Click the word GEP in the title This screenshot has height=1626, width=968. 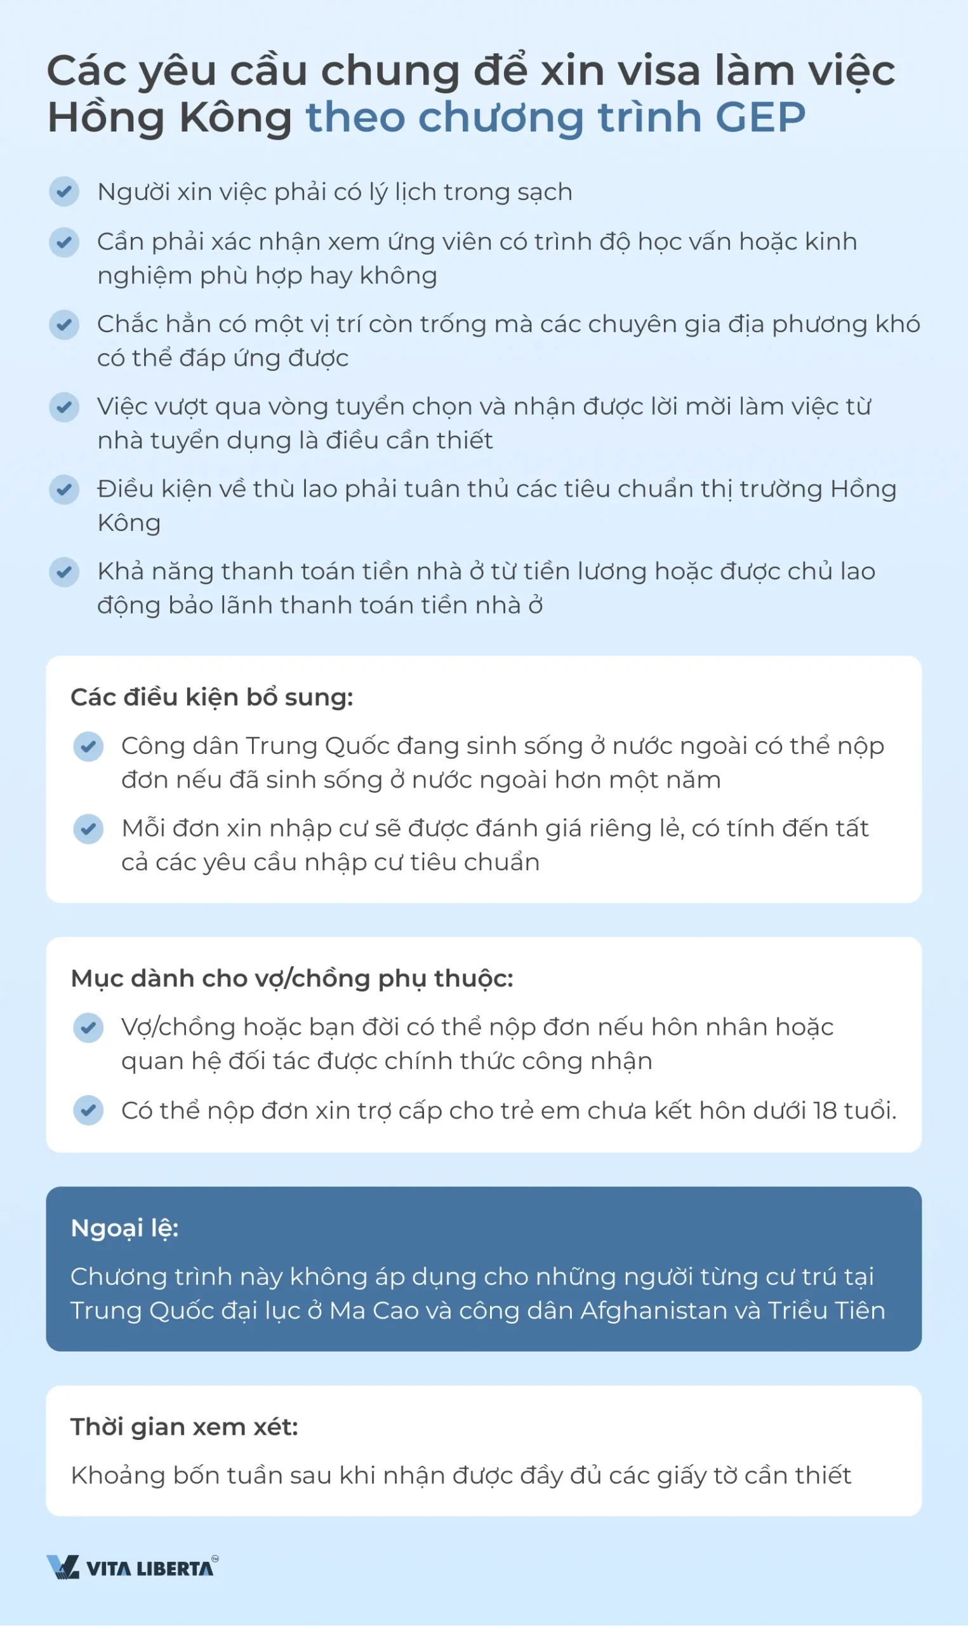click(760, 118)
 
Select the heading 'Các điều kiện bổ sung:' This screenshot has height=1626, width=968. click(211, 697)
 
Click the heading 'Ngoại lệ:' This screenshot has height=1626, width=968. click(124, 1228)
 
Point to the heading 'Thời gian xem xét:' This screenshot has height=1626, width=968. click(184, 1427)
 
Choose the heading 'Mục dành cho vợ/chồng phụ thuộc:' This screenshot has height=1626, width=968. click(291, 978)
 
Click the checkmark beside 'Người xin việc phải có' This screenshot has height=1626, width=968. click(64, 192)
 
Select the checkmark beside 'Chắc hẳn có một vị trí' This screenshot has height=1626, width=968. click(64, 325)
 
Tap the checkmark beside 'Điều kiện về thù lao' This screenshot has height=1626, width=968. click(64, 489)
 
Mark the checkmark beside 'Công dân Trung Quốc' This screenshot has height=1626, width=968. click(88, 746)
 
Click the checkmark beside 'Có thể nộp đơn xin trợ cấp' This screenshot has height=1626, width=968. click(88, 1110)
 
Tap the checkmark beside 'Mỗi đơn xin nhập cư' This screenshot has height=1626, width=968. click(88, 829)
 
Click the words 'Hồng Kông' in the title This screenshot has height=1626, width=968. click(169, 118)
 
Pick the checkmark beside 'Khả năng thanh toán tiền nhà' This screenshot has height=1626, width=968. click(64, 572)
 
